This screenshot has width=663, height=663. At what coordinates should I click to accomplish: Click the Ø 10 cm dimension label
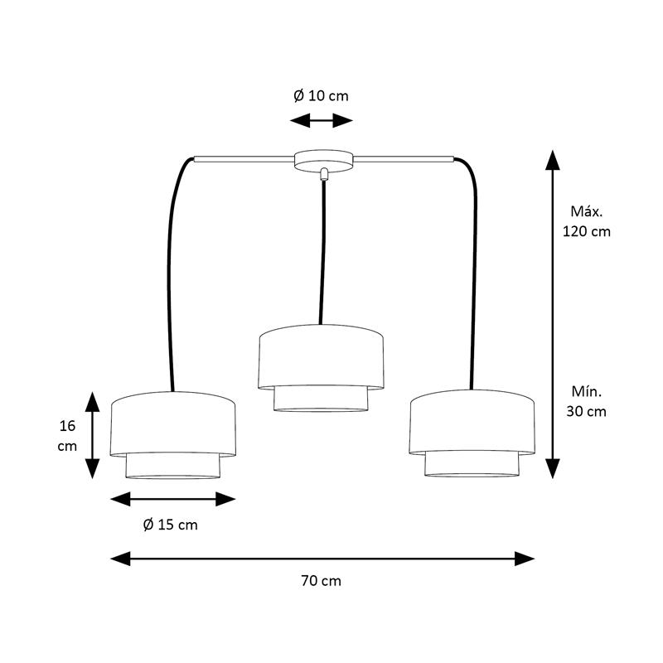(321, 96)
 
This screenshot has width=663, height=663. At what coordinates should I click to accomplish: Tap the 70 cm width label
(321, 581)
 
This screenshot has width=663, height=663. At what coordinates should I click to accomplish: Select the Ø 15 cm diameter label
(171, 525)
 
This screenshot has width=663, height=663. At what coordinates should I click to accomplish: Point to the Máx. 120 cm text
(587, 221)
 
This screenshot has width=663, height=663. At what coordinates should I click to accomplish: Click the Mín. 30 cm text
(587, 401)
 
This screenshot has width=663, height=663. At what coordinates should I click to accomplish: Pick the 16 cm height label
(67, 436)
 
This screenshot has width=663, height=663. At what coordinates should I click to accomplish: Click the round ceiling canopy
(323, 161)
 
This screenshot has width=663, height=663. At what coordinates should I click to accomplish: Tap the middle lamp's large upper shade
(321, 356)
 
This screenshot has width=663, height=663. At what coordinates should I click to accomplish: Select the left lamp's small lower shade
(173, 467)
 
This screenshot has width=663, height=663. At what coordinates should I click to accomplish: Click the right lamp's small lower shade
(472, 465)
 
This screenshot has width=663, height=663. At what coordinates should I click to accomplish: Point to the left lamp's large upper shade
(173, 423)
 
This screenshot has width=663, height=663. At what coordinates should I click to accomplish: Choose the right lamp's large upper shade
(472, 422)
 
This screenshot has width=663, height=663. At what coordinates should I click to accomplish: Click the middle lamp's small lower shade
(321, 399)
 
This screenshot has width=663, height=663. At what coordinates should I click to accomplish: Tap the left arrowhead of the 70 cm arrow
(120, 559)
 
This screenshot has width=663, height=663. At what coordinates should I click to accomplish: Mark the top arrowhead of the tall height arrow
(552, 160)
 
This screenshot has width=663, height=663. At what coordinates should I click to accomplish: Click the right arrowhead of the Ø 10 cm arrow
(343, 120)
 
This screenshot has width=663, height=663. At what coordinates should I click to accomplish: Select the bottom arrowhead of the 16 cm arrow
(92, 469)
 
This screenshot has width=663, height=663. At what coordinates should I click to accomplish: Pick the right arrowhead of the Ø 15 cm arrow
(225, 499)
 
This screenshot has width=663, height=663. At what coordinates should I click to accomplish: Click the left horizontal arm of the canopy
(244, 159)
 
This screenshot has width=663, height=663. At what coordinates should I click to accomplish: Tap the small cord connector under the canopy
(324, 174)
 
